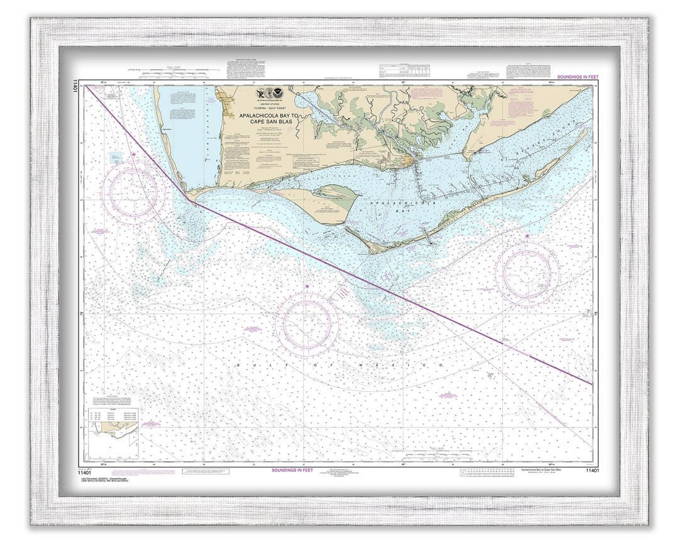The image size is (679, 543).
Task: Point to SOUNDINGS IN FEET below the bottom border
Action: [x=292, y=470]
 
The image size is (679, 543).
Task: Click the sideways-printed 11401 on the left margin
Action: [x=75, y=87]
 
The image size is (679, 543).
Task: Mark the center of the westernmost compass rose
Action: [x=134, y=192]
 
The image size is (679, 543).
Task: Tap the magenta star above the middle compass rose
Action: [x=307, y=287]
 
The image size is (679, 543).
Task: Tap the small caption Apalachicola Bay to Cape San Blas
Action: [x=544, y=470]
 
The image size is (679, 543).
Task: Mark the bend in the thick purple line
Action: [x=187, y=199]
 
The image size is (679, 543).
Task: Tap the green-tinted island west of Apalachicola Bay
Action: [x=327, y=200]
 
